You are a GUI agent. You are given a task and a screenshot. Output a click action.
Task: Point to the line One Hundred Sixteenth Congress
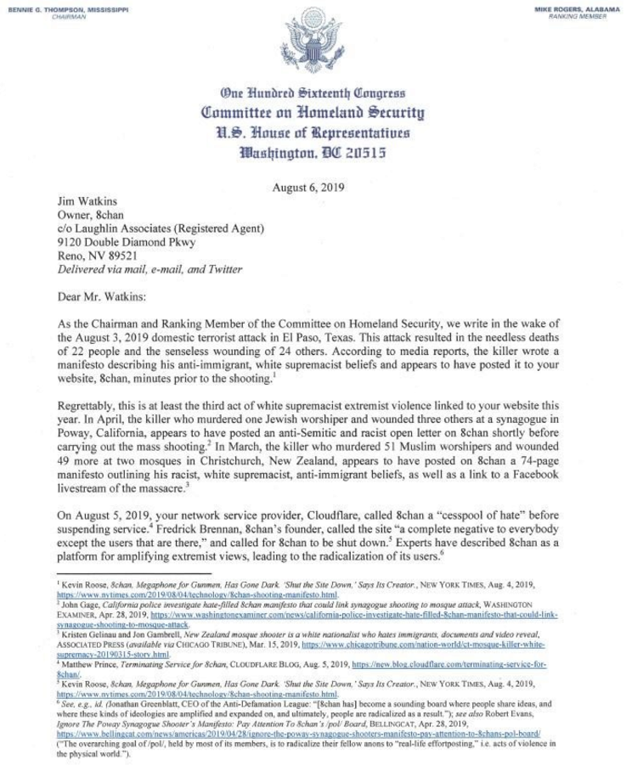313,93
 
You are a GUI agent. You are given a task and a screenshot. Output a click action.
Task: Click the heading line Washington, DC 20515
313,154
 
